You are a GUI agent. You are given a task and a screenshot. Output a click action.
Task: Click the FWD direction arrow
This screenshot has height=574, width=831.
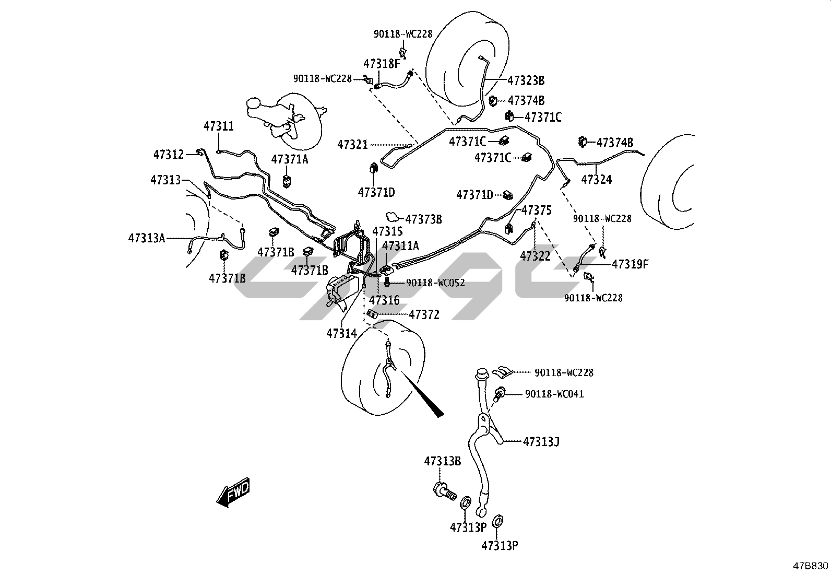(x=233, y=493)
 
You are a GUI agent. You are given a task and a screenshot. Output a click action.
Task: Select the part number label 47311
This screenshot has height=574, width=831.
(x=219, y=126)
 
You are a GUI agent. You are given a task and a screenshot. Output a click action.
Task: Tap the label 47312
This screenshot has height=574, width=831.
(x=169, y=155)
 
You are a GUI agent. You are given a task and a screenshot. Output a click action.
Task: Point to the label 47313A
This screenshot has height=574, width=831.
(x=147, y=238)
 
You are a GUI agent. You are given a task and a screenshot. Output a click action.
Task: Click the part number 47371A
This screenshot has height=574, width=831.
(x=290, y=159)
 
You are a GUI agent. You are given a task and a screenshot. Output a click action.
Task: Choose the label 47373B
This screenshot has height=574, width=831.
(x=423, y=219)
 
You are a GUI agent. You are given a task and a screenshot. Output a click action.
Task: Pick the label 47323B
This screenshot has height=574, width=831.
(x=526, y=80)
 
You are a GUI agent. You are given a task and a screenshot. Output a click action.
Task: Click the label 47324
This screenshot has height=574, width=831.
(x=596, y=180)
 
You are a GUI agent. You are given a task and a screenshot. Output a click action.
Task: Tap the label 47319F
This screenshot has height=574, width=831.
(x=630, y=264)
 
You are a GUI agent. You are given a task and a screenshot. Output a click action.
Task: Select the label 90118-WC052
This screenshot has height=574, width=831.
(x=435, y=283)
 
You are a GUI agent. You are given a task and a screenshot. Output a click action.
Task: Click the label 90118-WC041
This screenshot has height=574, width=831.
(x=554, y=394)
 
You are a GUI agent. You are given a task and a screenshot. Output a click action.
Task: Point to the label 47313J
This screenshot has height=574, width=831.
(x=541, y=442)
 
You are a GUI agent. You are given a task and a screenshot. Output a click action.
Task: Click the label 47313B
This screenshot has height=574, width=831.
(x=442, y=461)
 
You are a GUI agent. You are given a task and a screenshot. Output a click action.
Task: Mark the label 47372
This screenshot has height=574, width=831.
(x=424, y=315)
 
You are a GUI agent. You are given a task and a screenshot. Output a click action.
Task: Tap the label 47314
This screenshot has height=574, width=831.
(x=341, y=333)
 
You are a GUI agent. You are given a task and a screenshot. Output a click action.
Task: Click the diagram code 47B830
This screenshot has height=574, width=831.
(x=811, y=566)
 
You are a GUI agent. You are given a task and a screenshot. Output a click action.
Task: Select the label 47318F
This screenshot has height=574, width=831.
(x=382, y=64)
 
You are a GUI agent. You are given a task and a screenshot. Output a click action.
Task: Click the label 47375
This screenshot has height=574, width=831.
(x=536, y=210)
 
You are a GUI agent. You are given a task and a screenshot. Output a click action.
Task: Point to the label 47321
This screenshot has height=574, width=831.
(x=352, y=145)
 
